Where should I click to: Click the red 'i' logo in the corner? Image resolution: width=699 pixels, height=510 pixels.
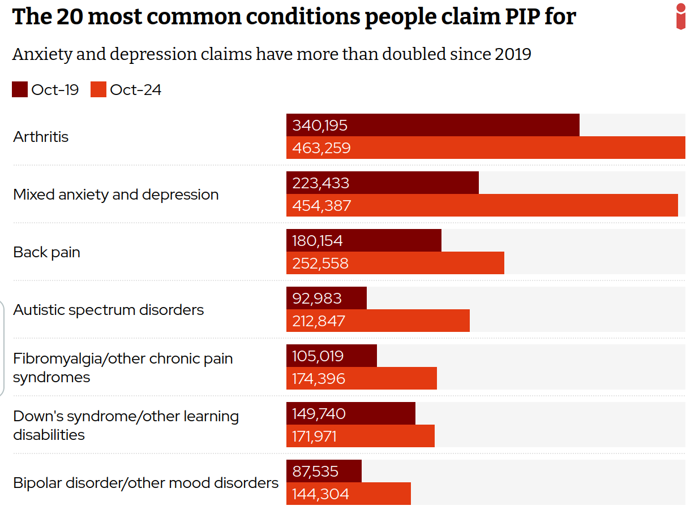(680, 16)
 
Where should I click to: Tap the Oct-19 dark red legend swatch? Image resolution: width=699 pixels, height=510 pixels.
(20, 89)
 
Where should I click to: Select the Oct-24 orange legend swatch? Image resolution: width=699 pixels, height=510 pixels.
(98, 89)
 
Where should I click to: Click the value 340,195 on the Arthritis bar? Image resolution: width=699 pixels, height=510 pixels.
(320, 126)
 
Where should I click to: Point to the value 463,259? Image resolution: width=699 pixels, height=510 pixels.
(321, 148)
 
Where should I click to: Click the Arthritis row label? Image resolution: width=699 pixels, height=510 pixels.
(41, 137)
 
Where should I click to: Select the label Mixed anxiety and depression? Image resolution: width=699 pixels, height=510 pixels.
(116, 195)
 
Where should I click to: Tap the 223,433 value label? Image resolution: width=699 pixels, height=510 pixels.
(321, 183)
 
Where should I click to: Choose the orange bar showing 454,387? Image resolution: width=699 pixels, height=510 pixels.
(482, 206)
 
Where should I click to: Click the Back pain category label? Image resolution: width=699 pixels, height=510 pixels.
(46, 252)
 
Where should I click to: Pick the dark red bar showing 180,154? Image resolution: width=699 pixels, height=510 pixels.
(363, 241)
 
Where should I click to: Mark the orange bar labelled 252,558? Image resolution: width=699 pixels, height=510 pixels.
(395, 263)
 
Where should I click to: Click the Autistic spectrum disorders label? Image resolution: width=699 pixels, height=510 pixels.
(109, 310)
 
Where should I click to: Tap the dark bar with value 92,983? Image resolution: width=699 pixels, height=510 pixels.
(326, 299)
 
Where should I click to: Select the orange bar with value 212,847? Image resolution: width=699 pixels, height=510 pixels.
(378, 321)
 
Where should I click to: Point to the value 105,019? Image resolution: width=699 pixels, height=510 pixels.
(318, 356)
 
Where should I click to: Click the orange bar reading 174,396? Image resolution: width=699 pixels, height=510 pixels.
(361, 379)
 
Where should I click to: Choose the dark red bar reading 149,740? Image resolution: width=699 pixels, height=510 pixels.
(350, 414)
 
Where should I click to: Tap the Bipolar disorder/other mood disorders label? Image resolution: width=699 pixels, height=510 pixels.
(146, 483)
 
